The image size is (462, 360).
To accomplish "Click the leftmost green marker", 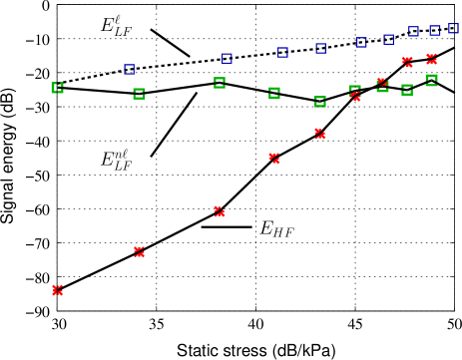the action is (57, 88).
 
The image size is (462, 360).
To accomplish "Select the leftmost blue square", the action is (129, 70).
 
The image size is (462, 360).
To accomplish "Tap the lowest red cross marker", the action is (57, 290).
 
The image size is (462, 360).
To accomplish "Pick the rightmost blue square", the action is (453, 29).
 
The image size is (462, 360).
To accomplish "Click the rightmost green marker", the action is (431, 80).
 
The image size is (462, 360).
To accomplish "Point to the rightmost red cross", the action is (431, 59).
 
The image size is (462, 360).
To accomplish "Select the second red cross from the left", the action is (139, 252).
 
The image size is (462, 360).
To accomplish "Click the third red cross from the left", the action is (219, 211).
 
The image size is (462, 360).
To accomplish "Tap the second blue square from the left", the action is (227, 59).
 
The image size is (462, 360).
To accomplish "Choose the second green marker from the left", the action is (139, 94).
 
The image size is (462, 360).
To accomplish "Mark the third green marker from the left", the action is (219, 83).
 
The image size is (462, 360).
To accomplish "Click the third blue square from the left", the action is (282, 53).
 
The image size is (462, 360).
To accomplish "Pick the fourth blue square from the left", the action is (320, 48).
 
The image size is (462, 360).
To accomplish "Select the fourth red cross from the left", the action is (274, 158).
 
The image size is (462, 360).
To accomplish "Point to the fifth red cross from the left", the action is (319, 134).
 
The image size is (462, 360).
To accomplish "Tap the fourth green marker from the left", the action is (274, 94).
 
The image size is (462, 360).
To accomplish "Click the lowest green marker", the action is (320, 102).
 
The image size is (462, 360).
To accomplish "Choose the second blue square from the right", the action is (434, 31).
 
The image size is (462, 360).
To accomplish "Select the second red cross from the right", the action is (407, 62).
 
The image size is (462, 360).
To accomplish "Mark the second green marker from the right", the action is (407, 90).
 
